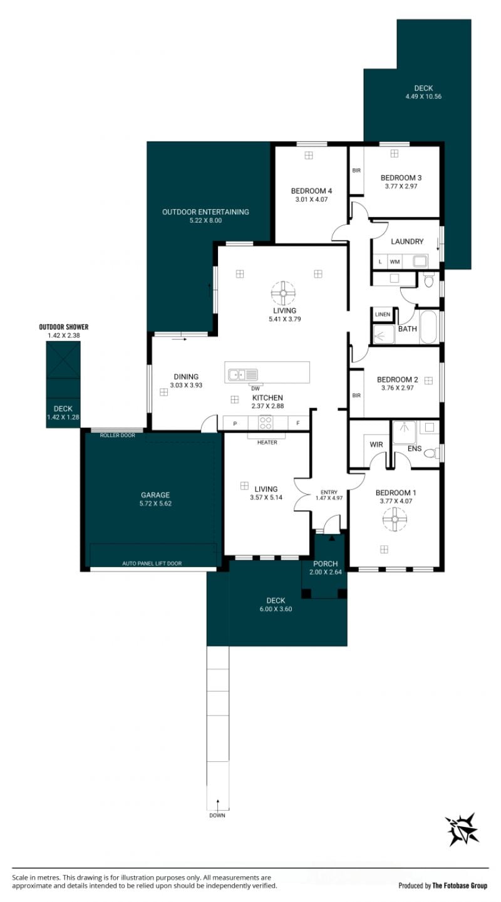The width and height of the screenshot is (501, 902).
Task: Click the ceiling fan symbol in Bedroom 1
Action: (395, 520)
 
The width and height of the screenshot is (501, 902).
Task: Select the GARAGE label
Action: (155, 495)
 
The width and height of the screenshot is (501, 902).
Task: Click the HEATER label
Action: (267, 442)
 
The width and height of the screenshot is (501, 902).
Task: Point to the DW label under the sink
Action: (256, 389)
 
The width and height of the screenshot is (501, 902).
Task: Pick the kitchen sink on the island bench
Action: (243, 375)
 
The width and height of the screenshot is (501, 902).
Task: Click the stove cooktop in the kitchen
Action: (265, 423)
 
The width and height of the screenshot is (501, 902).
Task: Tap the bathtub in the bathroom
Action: (428, 327)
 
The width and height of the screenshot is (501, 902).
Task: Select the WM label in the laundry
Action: (395, 262)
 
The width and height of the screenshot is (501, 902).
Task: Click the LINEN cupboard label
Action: (382, 314)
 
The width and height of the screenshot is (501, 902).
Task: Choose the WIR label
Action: (376, 444)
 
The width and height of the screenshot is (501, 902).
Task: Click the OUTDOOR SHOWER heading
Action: (64, 327)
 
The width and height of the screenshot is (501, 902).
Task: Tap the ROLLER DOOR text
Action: (117, 435)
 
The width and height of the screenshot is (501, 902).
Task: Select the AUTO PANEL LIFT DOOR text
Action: (152, 563)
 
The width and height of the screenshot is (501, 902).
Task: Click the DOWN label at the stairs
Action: (217, 816)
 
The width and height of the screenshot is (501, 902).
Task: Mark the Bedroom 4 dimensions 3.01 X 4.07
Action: (311, 199)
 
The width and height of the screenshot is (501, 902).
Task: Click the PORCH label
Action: (326, 564)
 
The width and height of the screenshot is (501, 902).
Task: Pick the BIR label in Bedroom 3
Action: (356, 171)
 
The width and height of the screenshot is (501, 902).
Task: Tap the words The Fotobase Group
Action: (460, 886)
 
